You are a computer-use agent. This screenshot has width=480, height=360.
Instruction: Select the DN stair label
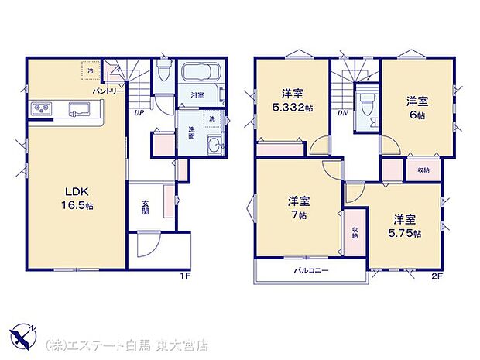click(x=342, y=113)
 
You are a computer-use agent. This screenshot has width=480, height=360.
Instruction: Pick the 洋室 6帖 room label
click(x=419, y=106)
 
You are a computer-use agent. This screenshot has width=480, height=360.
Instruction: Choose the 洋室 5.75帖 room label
click(x=406, y=225)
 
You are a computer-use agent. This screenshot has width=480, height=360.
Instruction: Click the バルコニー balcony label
click(x=309, y=271)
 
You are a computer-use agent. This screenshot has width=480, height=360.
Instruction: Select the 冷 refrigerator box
click(x=91, y=70)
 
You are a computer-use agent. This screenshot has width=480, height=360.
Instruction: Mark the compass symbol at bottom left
click(x=25, y=334)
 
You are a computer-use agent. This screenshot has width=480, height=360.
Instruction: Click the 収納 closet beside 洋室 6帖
click(x=423, y=169)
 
